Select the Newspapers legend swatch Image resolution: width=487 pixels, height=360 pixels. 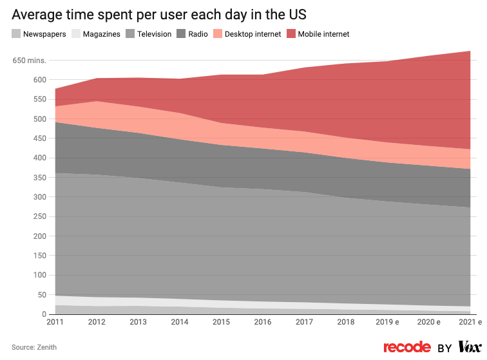(x=16, y=34)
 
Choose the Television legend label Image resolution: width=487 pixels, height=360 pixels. (x=153, y=34)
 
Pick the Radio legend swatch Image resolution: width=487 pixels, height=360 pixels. (x=181, y=34)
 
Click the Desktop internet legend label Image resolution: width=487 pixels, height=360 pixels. (x=253, y=34)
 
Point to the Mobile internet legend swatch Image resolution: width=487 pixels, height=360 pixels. (x=292, y=34)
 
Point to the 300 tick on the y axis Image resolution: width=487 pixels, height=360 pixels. (x=39, y=197)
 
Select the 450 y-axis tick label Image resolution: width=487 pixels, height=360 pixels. (x=39, y=138)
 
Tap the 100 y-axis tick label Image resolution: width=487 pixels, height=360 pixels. (x=39, y=276)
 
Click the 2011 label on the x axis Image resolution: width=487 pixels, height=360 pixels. (x=55, y=322)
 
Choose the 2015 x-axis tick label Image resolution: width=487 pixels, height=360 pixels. (x=222, y=322)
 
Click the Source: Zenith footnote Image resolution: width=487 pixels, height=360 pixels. (x=34, y=347)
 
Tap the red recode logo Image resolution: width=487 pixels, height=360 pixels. (x=407, y=347)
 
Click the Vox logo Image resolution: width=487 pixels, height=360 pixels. (x=470, y=347)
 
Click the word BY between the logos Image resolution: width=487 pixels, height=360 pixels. (x=444, y=348)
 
